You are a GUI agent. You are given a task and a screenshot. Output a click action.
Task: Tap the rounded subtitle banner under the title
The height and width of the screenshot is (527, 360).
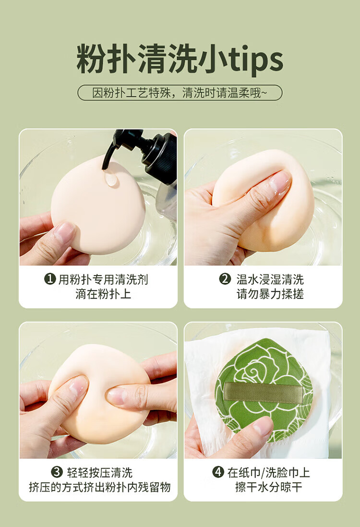point(180,93)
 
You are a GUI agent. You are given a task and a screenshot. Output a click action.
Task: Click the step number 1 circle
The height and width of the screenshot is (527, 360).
point(50,279)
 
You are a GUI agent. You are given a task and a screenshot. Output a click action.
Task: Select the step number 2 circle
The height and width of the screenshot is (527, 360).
point(225,279)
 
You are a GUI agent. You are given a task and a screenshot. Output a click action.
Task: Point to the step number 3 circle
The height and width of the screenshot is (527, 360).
point(57,472)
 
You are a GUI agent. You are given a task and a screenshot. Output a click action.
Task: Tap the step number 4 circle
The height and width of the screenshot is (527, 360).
point(218,472)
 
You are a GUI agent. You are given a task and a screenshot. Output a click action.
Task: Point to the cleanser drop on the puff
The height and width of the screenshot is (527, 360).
point(111,179)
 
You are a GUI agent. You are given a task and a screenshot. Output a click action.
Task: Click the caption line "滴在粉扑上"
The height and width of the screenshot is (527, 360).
point(103,294)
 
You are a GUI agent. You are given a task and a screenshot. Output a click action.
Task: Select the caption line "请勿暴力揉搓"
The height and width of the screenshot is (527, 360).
point(270,294)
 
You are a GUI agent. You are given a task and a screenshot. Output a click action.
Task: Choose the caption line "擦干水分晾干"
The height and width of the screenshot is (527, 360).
point(269,487)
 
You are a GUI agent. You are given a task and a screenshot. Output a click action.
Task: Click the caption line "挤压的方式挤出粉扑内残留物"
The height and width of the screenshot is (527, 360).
point(100,487)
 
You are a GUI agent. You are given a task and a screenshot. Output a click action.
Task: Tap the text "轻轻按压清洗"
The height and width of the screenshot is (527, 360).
point(99,472)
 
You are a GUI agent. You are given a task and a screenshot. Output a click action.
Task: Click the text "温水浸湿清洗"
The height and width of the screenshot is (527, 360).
point(270,279)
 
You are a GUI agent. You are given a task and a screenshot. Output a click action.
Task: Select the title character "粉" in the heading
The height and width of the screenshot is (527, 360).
point(91,59)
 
